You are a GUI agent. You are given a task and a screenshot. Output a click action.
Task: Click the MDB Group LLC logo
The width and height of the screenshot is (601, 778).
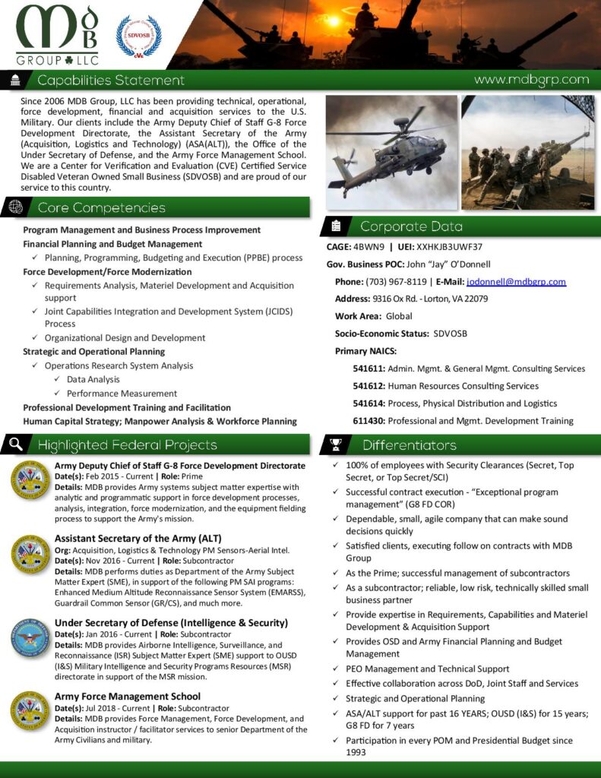pos(58,35)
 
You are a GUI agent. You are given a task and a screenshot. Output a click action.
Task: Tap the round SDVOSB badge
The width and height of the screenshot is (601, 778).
pos(138,36)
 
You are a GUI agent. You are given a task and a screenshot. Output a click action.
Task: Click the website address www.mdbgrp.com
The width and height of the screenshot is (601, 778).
pos(531,80)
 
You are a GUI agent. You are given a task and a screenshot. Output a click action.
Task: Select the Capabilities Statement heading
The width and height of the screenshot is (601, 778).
pos(111,81)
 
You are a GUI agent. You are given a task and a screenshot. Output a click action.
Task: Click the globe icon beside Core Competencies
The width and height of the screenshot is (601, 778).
pos(16,207)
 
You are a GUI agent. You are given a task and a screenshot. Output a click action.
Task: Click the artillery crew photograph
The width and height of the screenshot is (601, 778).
pos(527,152)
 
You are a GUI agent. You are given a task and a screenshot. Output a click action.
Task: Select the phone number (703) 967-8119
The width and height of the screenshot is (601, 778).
pos(396,282)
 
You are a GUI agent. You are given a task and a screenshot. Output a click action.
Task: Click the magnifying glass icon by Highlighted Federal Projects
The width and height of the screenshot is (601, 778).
pos(16,444)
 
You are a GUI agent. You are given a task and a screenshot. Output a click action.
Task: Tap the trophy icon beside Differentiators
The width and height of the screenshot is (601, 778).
pos(336,445)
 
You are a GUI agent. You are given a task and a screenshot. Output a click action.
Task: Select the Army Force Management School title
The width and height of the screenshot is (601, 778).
pos(128,696)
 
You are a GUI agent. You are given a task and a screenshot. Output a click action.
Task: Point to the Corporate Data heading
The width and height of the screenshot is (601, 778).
pos(410,226)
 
